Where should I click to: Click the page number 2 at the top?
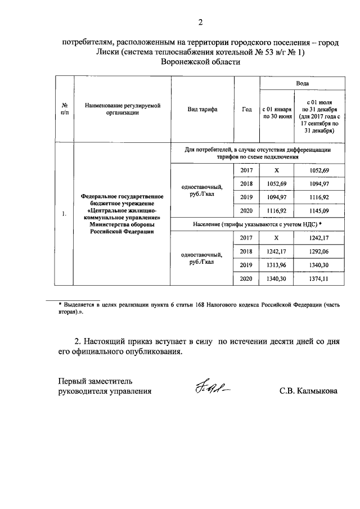click(x=200, y=22)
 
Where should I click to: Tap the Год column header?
click(x=246, y=110)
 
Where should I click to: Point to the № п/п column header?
click(x=65, y=109)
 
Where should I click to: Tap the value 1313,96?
click(x=276, y=264)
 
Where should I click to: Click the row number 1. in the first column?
click(x=65, y=214)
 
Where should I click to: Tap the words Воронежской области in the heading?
click(x=200, y=62)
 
